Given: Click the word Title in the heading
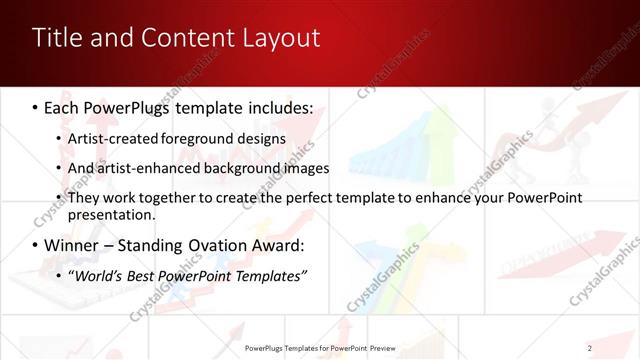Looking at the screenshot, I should (x=57, y=39).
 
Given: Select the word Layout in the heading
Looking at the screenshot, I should (x=281, y=39).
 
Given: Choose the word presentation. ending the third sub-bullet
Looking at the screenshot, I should (x=110, y=215).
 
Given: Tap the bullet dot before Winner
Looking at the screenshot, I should (x=36, y=246).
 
